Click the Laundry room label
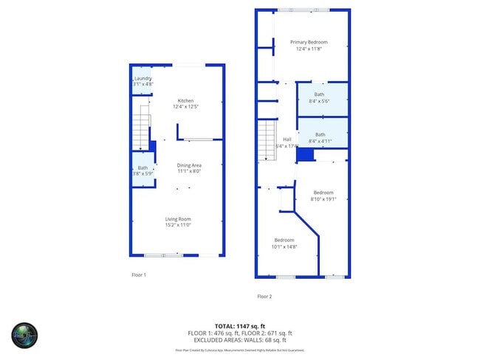[x=143, y=78]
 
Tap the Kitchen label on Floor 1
[x=185, y=100]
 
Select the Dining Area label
[x=189, y=165]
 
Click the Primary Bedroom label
[x=308, y=42]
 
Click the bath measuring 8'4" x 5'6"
[x=319, y=94]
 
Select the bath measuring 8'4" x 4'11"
[x=320, y=134]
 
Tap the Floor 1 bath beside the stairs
[x=143, y=168]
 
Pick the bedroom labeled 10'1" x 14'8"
[x=284, y=240]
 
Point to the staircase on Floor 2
[x=266, y=141]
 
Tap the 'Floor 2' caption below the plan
[x=264, y=297]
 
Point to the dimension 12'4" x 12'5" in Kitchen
[x=185, y=107]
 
